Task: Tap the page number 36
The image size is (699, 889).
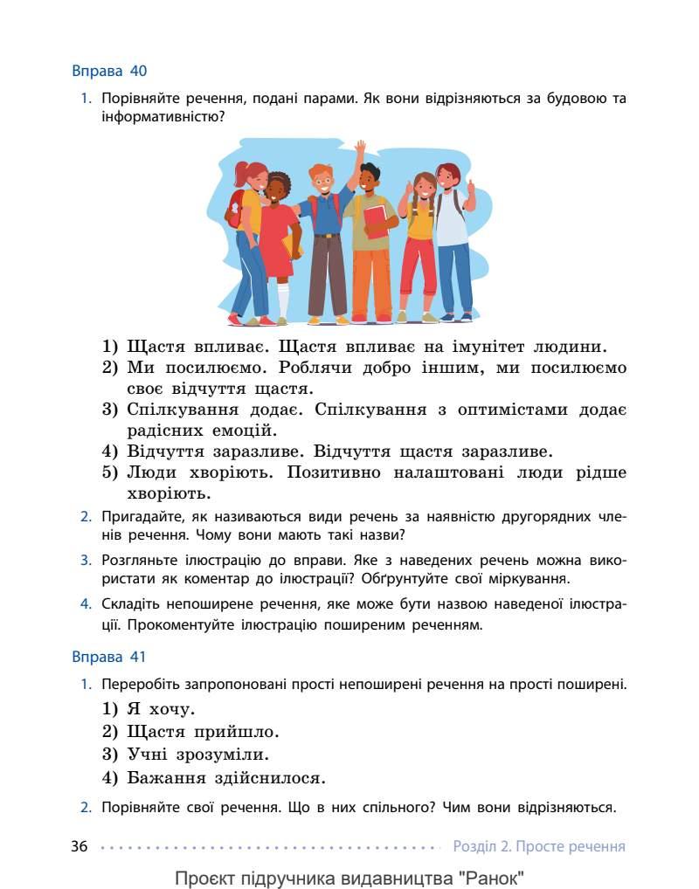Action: click(x=80, y=846)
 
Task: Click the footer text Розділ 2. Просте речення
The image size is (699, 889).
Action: click(x=539, y=846)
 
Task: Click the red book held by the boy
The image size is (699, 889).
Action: click(x=376, y=221)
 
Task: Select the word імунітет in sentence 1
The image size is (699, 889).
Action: click(x=481, y=347)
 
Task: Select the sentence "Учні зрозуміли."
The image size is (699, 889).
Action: click(x=197, y=754)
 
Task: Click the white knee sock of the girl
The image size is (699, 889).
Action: click(x=283, y=298)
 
